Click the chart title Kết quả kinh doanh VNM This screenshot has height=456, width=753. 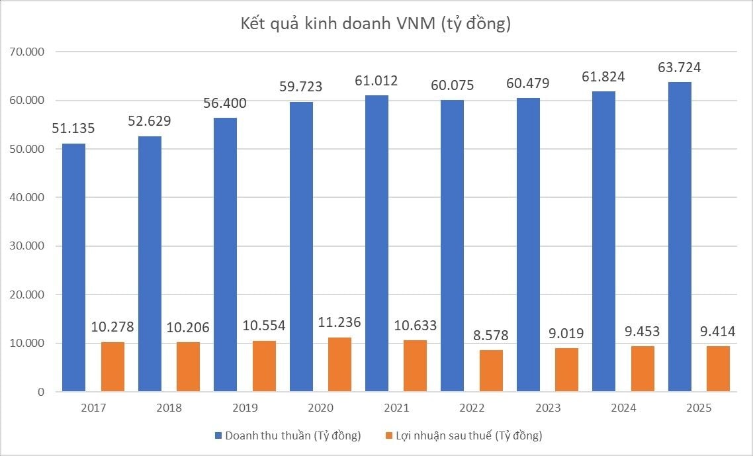point(376,24)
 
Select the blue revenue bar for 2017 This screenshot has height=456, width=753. point(73,267)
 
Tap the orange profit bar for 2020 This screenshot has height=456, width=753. point(339,365)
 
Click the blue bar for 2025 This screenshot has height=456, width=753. point(680,237)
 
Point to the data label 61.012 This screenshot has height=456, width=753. point(376,81)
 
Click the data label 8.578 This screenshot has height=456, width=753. point(490,335)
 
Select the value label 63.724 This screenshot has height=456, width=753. point(680,68)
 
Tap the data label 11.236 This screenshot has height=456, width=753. point(339,322)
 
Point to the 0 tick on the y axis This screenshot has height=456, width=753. point(40,392)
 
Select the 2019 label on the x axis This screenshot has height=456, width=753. point(245,408)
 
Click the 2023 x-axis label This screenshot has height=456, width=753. point(547,408)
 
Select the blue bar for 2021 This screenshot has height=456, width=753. point(377,244)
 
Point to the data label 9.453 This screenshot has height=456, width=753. point(642,331)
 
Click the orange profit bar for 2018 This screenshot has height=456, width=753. point(188,367)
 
